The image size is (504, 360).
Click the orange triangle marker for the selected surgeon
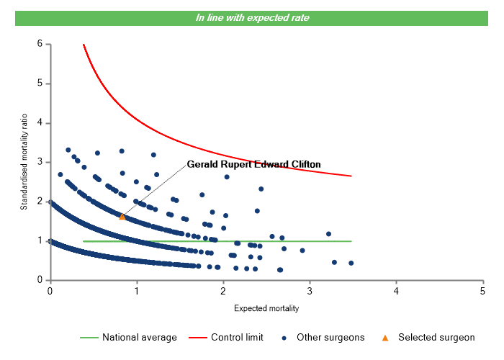coord(122,216)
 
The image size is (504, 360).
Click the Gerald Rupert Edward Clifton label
coord(253,164)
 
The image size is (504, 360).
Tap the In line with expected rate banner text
coord(252,18)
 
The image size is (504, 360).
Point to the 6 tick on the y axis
coord(40,44)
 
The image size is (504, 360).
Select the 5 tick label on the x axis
coord(482,291)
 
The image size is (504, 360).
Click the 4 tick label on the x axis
coord(396,291)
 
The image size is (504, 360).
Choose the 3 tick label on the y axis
coord(40,162)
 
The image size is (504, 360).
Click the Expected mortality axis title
coord(266,309)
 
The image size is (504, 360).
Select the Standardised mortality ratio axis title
coord(24,162)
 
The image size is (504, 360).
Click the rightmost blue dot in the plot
coord(351,263)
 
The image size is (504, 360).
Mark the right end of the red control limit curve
coord(351,176)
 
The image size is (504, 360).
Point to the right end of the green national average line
coord(351,241)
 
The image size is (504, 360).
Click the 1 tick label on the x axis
coord(136,291)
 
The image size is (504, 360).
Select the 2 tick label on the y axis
coord(40,202)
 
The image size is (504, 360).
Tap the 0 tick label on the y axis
coord(40,280)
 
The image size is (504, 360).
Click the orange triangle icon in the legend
coord(385,337)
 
